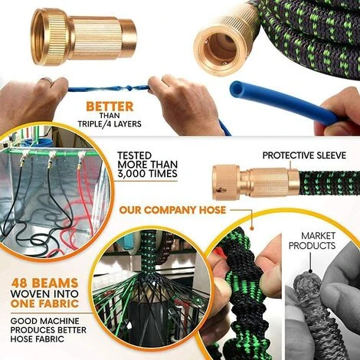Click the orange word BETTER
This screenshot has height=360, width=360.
110,106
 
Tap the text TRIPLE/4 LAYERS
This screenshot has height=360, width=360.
110,124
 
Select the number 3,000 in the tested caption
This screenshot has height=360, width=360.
133,174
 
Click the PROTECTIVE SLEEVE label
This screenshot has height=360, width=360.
304,155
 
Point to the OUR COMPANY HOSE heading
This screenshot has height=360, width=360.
172,210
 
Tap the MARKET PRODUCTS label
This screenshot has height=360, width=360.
312,241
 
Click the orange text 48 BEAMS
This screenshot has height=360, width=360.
44,283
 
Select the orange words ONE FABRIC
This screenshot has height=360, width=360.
44,303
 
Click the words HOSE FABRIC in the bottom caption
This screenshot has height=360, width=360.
38,339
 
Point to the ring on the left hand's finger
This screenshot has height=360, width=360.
47,80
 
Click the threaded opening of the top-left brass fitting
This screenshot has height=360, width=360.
41,37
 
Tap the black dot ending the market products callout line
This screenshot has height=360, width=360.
310,271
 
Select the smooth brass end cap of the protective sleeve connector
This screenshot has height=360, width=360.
293,182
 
